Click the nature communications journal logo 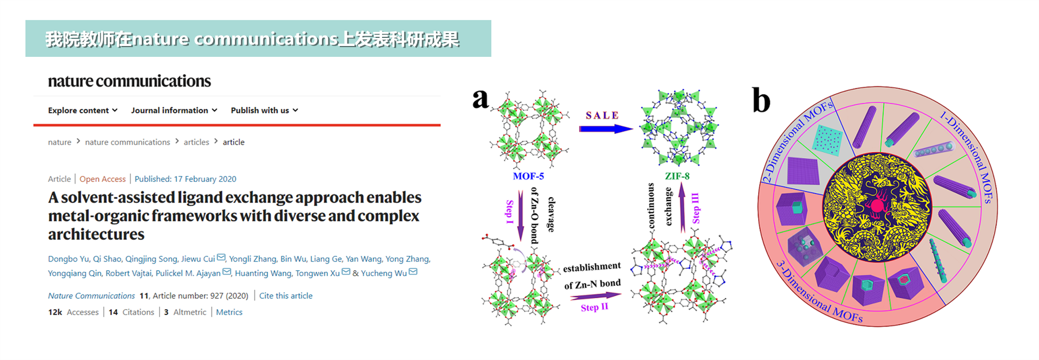pos(129,81)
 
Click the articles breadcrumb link pos(196,142)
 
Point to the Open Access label pos(102,179)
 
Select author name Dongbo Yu pos(68,259)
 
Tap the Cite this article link pos(286,296)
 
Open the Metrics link pos(229,312)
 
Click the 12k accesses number pos(55,312)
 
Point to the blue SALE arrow pos(605,129)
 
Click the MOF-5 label pos(528,176)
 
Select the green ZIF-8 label pos(677,176)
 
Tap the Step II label pos(594,307)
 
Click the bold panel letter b pos(761,101)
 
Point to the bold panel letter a pos(480,99)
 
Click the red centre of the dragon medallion pos(876,206)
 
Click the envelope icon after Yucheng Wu pos(413,272)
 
